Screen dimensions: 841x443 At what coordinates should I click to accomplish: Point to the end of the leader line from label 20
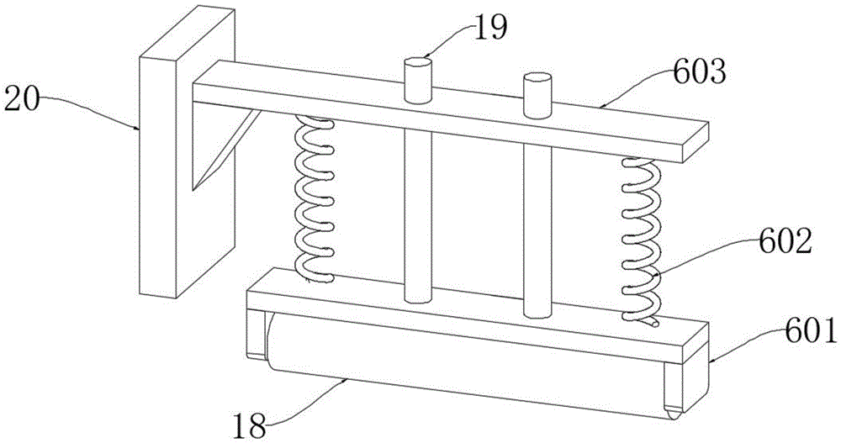pyautogui.click(x=140, y=129)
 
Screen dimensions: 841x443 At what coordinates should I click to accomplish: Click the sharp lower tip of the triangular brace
pyautogui.click(x=194, y=189)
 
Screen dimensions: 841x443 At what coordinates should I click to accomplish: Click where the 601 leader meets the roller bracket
pyautogui.click(x=710, y=362)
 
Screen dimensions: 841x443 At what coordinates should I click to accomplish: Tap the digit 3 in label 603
pyautogui.click(x=716, y=73)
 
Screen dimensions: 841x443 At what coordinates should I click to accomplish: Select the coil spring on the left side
pyautogui.click(x=315, y=199)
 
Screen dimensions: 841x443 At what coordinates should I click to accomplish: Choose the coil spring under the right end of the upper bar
pyautogui.click(x=642, y=241)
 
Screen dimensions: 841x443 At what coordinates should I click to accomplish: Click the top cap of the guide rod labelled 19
pyautogui.click(x=418, y=63)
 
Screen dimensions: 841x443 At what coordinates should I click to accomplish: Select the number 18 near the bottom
pyautogui.click(x=249, y=427)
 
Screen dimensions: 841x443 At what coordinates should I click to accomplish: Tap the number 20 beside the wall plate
pyautogui.click(x=22, y=100)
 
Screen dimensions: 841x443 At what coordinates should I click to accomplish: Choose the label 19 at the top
pyautogui.click(x=489, y=28)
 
